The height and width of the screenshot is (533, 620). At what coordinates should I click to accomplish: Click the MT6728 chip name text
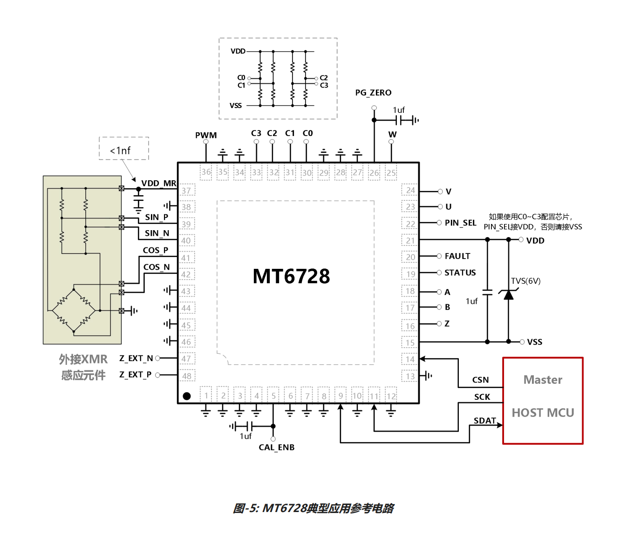pyautogui.click(x=291, y=276)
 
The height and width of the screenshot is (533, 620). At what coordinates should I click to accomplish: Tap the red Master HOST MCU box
pyautogui.click(x=543, y=401)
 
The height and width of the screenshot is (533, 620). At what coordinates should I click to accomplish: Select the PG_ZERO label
pyautogui.click(x=373, y=93)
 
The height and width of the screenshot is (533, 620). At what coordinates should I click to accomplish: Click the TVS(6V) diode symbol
pyautogui.click(x=509, y=294)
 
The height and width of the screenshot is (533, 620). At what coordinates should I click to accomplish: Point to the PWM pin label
pyautogui.click(x=206, y=135)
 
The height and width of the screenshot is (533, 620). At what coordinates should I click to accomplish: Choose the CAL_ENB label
pyautogui.click(x=277, y=447)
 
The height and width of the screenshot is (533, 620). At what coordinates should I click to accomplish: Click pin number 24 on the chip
pyautogui.click(x=410, y=191)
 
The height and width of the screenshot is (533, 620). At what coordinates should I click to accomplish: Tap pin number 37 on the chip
pyautogui.click(x=186, y=191)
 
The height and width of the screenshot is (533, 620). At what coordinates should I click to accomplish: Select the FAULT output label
pyautogui.click(x=457, y=256)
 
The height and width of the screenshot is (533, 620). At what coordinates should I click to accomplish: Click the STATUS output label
pyautogui.click(x=460, y=273)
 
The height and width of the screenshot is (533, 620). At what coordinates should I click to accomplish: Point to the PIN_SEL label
pyautogui.click(x=460, y=223)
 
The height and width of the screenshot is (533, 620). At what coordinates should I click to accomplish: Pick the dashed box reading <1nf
pyautogui.click(x=124, y=149)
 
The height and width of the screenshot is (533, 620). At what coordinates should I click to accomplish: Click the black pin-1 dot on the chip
pyautogui.click(x=187, y=396)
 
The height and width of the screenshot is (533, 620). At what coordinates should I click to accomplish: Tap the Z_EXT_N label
pyautogui.click(x=136, y=358)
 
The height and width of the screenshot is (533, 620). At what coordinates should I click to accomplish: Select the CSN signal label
pyautogui.click(x=480, y=380)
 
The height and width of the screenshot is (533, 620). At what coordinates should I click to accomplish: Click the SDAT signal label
pyautogui.click(x=484, y=421)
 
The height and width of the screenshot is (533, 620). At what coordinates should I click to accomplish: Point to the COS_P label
pyautogui.click(x=156, y=251)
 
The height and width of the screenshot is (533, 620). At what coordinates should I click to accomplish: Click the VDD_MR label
pyautogui.click(x=159, y=183)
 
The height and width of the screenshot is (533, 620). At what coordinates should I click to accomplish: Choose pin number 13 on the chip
pyautogui.click(x=410, y=376)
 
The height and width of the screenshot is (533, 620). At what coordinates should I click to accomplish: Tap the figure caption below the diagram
pyautogui.click(x=313, y=508)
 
